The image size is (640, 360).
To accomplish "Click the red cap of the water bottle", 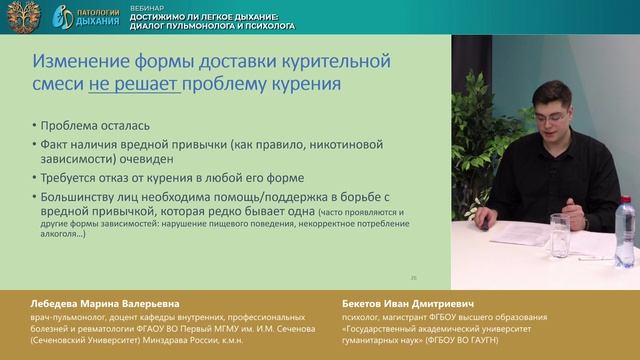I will point(624,203).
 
